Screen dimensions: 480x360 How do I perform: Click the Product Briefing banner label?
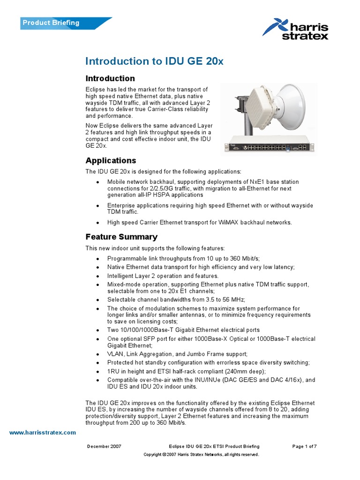pos(52,22)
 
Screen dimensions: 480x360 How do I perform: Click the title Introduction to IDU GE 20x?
pos(148,61)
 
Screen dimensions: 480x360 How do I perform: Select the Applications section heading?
pos(110,160)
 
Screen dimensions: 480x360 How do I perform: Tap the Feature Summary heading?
pos(121,237)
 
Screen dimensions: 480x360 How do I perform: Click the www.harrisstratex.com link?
pos(42,432)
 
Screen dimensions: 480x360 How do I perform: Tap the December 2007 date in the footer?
pos(104,446)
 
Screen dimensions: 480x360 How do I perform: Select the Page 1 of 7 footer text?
pos(304,446)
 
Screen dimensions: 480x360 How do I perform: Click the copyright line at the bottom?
pos(201,455)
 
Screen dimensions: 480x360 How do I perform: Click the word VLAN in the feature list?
pos(115,353)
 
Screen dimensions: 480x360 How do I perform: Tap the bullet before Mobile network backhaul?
pos(97,182)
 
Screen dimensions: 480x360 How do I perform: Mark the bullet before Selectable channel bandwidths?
pos(97,300)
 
